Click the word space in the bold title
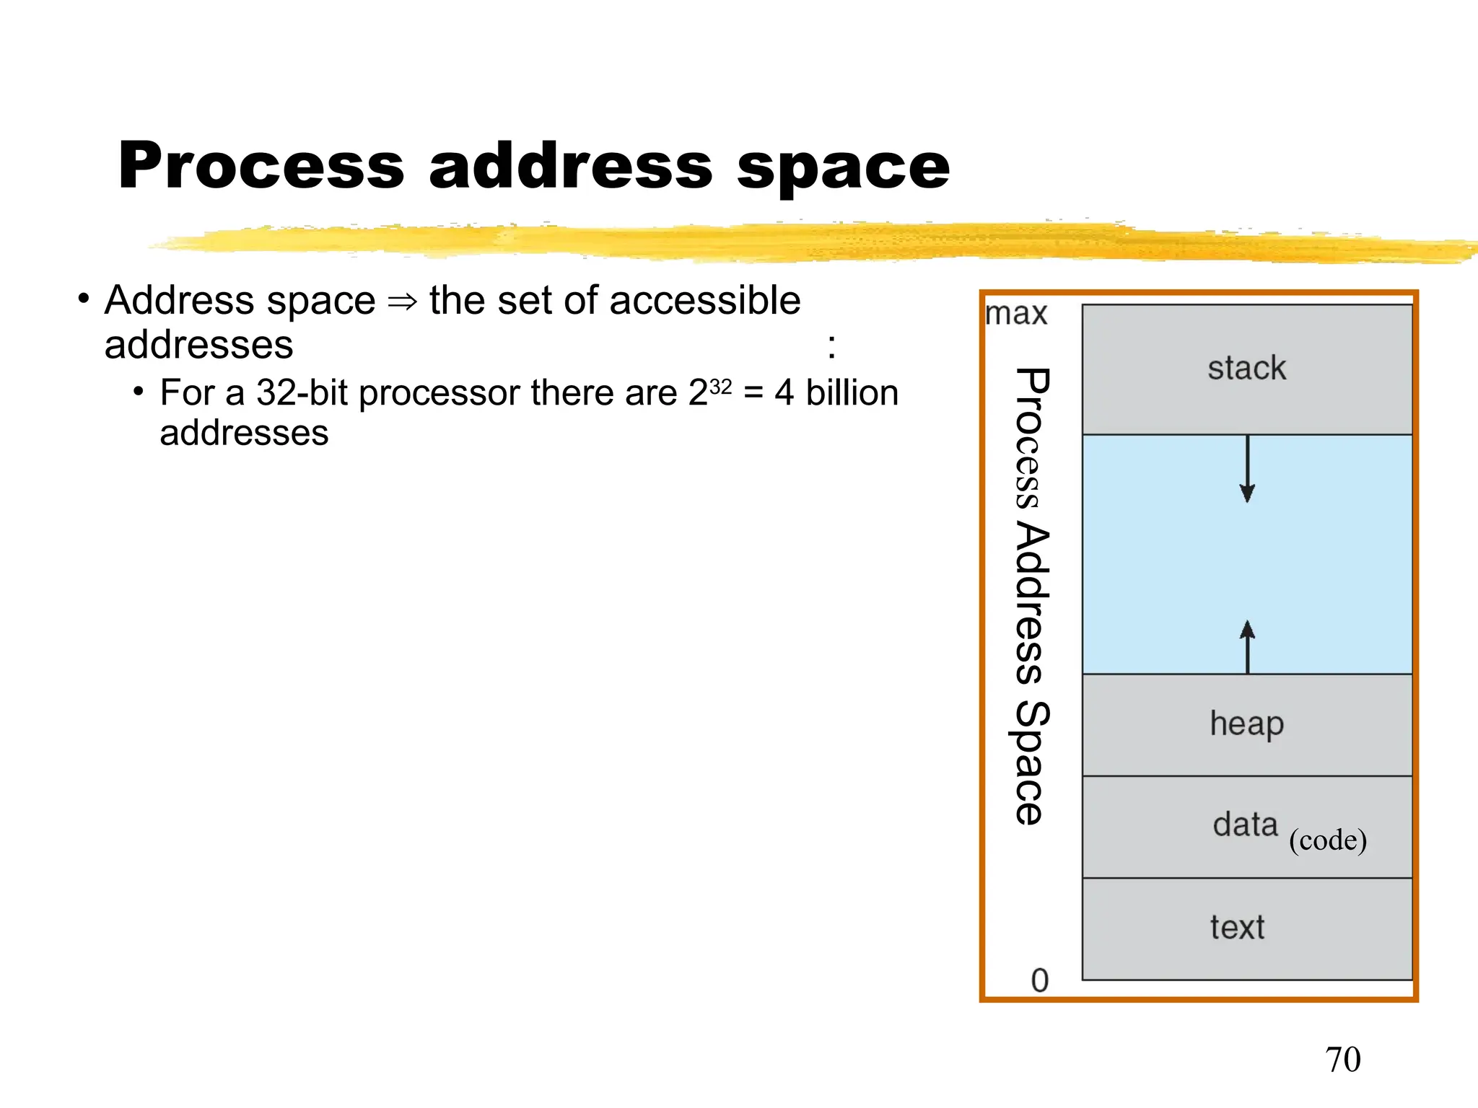[x=843, y=167]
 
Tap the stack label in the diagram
[x=1246, y=368]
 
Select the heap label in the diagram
[x=1246, y=724]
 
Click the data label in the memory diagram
[x=1245, y=825]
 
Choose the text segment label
[x=1237, y=928]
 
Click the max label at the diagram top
[x=1016, y=315]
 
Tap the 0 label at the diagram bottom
[x=1039, y=980]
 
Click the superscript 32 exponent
[x=720, y=387]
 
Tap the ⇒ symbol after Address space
[x=402, y=302]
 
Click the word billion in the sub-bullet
[x=852, y=393]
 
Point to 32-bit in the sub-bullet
[x=302, y=393]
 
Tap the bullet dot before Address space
[x=84, y=298]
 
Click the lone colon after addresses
[x=831, y=347]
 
